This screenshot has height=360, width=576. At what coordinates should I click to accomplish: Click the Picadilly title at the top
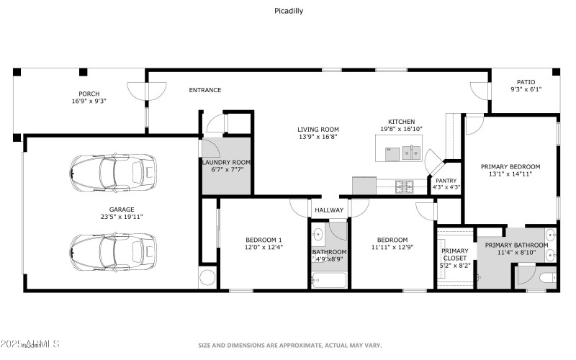click(x=288, y=11)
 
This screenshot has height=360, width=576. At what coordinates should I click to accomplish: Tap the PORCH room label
click(x=89, y=94)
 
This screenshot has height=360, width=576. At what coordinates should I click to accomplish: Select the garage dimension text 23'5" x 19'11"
click(x=112, y=216)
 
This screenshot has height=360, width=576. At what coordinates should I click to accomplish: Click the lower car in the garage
click(x=112, y=248)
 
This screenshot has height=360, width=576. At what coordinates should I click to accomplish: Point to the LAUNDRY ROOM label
click(x=225, y=163)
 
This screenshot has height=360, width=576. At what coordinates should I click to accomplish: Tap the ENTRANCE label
click(x=204, y=90)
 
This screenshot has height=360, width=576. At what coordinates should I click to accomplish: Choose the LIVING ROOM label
click(x=318, y=130)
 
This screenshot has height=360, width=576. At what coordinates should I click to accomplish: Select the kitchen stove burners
click(x=403, y=186)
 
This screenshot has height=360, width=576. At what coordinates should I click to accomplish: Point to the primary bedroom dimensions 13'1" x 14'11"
click(x=510, y=174)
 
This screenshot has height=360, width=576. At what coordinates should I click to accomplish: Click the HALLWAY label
click(x=330, y=210)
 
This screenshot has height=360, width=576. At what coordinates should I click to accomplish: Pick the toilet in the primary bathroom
click(x=546, y=276)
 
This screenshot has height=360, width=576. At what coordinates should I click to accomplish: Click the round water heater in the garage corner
click(x=208, y=278)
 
